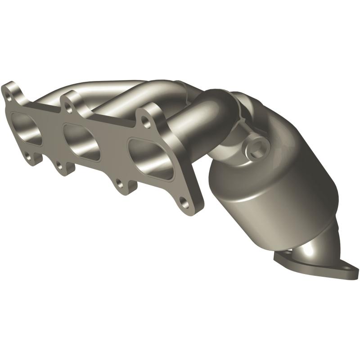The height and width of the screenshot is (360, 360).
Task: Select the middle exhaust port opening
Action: coord(81,142)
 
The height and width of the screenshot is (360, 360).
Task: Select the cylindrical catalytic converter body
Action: coord(274,189)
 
